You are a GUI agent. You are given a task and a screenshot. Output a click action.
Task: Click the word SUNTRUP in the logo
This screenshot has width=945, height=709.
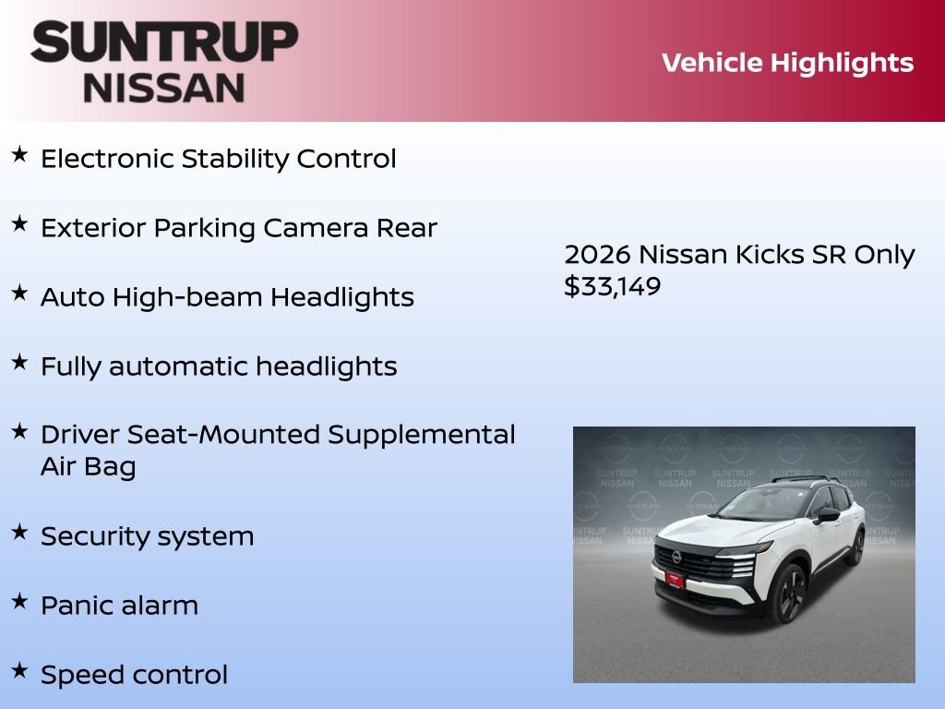[x=164, y=42]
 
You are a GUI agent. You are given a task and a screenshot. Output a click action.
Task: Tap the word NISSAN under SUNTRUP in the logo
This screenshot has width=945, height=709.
[x=164, y=88]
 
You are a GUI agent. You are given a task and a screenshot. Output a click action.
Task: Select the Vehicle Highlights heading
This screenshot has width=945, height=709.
[x=787, y=63]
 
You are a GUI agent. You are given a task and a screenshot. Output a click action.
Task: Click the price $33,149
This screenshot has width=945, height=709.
[x=613, y=286]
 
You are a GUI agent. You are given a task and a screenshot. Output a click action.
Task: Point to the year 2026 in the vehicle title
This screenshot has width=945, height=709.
[x=597, y=255]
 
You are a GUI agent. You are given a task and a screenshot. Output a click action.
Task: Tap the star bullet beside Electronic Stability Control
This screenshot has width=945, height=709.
[x=19, y=155]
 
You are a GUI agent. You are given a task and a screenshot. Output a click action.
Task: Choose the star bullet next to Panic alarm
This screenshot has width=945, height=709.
[x=19, y=602]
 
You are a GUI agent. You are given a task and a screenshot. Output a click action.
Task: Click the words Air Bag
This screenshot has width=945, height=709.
[x=88, y=466]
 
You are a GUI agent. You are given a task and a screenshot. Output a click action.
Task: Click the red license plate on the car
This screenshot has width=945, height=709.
[x=676, y=580]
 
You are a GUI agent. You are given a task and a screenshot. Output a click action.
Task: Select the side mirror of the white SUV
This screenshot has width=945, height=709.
[x=826, y=513]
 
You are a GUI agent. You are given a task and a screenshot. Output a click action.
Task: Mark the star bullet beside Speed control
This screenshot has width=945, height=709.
[x=19, y=671]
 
